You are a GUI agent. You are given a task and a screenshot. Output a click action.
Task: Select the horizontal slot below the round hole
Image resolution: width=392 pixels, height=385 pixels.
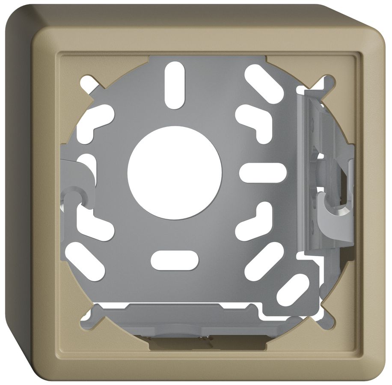[x=175, y=261]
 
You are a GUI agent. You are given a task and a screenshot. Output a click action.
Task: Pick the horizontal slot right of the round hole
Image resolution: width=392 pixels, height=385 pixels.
[x=262, y=173]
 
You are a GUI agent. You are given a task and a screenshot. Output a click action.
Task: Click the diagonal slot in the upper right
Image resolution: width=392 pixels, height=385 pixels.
[x=264, y=84]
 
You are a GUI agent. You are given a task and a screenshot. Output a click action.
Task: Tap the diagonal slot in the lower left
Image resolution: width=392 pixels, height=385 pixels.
[x=85, y=261]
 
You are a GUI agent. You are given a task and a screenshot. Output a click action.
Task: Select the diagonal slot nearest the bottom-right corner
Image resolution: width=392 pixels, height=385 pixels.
[x=293, y=289]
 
